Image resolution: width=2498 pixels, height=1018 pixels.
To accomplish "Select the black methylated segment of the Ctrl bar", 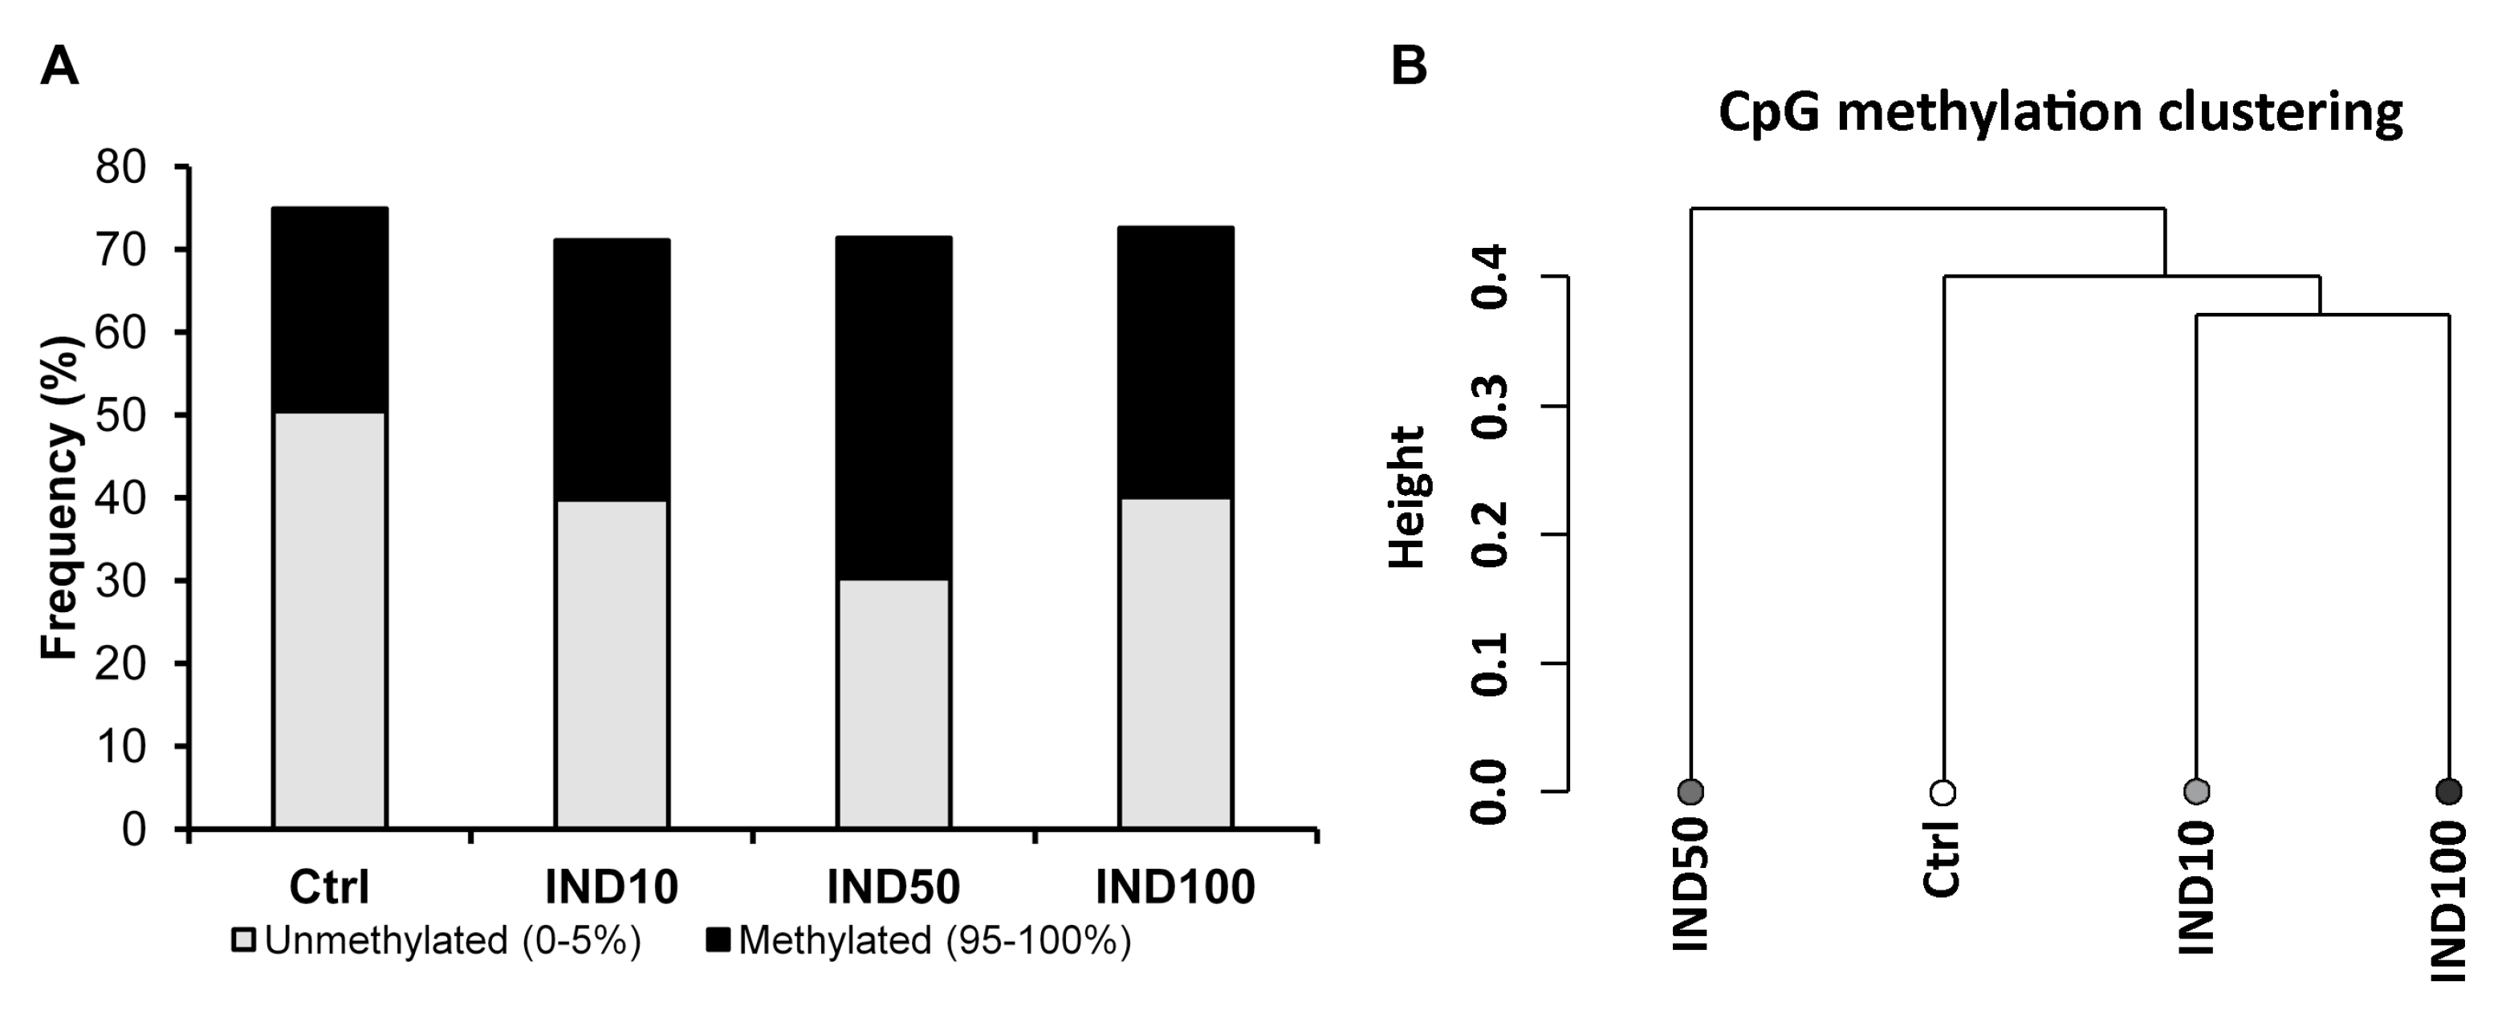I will [x=330, y=310].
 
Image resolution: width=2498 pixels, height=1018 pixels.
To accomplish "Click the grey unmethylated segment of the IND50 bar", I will [x=893, y=703].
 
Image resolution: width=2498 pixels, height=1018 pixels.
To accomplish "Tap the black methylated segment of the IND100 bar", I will [x=1175, y=363].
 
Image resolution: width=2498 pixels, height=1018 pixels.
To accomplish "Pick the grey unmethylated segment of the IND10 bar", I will [x=611, y=664].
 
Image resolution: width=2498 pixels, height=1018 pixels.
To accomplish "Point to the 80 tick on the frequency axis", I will [x=120, y=168].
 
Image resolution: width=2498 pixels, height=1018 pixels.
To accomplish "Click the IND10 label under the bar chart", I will [x=611, y=887].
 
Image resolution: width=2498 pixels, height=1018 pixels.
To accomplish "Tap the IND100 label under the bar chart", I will [x=1175, y=887].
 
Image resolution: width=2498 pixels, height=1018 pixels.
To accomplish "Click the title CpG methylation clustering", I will [x=2061, y=113].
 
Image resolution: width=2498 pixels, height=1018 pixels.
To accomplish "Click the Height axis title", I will [x=1408, y=497].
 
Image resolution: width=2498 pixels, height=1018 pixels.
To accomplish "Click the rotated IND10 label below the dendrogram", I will [x=2196, y=887].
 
